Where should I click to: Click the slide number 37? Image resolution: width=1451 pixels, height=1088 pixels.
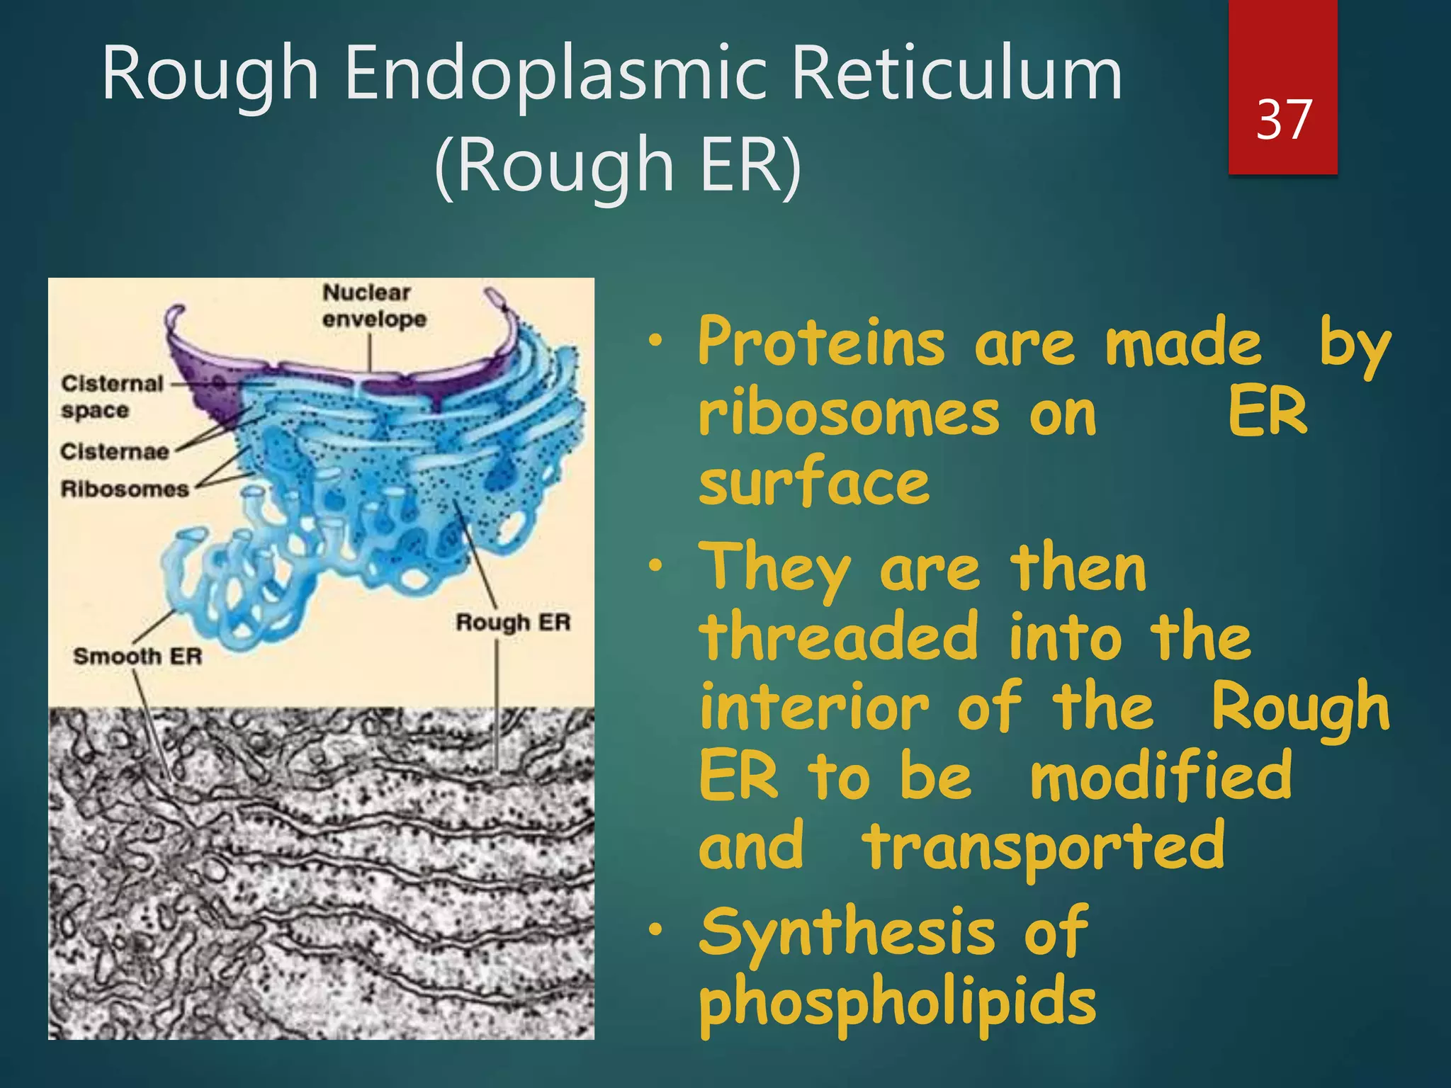[x=1283, y=120]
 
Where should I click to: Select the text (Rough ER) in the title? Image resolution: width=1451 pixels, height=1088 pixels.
[x=617, y=165]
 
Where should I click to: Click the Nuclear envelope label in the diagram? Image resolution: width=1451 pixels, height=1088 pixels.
[x=373, y=306]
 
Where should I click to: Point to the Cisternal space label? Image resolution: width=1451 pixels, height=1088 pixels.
[x=111, y=397]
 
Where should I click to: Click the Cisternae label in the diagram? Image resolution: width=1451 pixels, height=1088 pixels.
[x=114, y=451]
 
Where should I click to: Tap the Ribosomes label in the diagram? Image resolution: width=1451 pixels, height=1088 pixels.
[x=125, y=489]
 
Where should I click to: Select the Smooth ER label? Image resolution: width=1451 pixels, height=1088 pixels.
[x=137, y=656]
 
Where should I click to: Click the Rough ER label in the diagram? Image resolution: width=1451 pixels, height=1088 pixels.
[x=513, y=623]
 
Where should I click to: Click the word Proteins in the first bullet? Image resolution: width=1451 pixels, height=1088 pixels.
[x=821, y=343]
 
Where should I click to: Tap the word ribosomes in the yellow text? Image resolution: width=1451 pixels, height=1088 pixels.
[x=848, y=414]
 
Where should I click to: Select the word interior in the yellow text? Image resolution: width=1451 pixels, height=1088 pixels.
[x=814, y=707]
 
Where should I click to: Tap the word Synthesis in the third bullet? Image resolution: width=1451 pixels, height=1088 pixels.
[x=847, y=934]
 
